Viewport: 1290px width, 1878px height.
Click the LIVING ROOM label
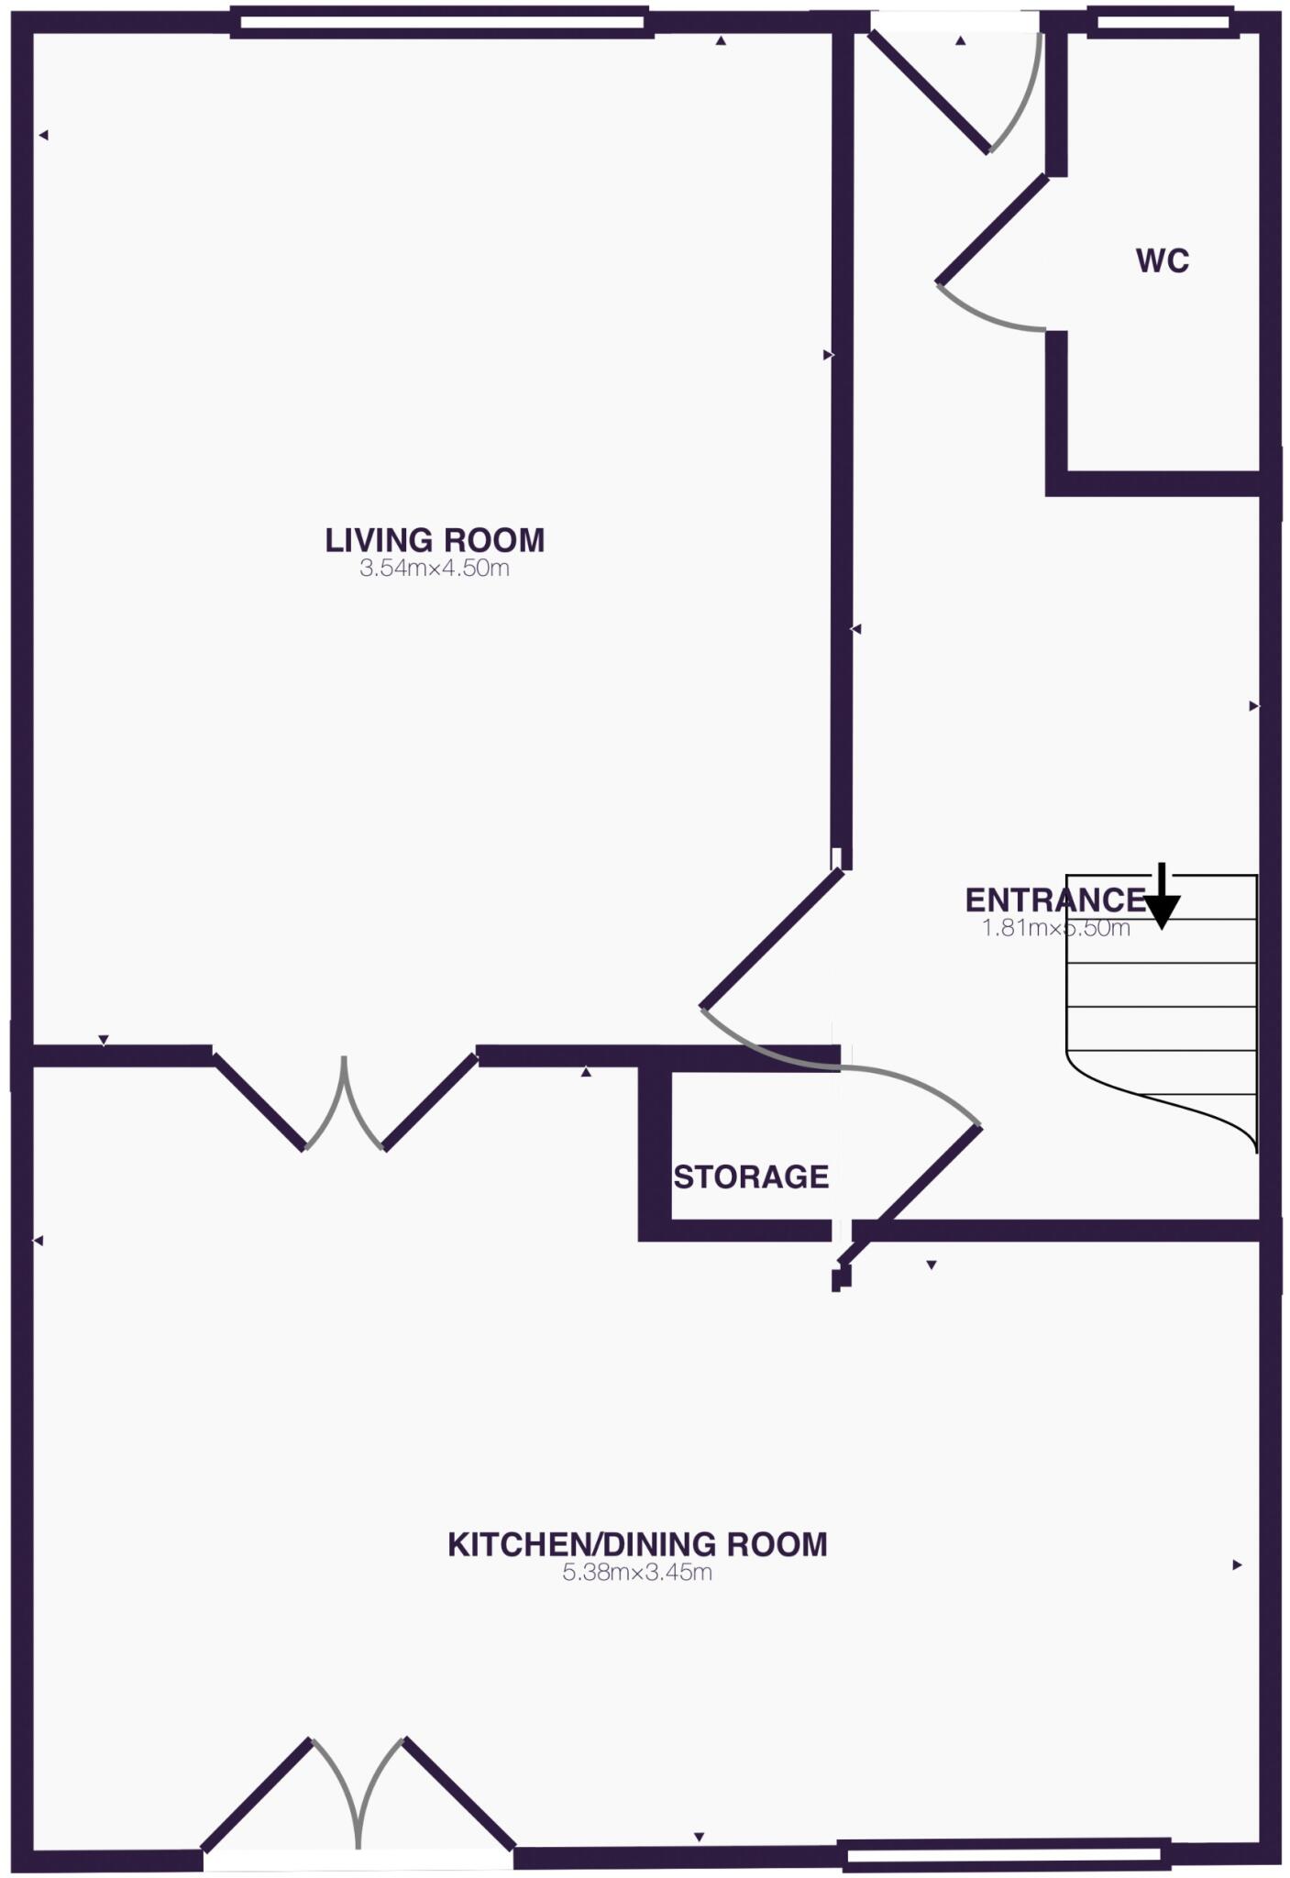pos(435,540)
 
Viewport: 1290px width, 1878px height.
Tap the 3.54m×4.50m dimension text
pos(435,569)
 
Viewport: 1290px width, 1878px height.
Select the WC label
pos(1162,261)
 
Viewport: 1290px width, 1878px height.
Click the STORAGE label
pos(751,1177)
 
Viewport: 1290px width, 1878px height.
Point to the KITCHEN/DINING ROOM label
pos(637,1545)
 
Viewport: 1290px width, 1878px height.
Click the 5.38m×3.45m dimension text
pos(637,1574)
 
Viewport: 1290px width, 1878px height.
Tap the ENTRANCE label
pos(1054,900)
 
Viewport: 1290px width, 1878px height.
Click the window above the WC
pos(1162,22)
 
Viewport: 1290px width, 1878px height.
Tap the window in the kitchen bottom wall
pos(1007,1854)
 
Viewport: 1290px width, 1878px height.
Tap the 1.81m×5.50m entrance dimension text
pos(1055,928)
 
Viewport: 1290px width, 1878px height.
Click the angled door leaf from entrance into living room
pos(772,939)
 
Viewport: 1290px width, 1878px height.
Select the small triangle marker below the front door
pos(961,41)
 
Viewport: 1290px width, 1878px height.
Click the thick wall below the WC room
pos(1160,483)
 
